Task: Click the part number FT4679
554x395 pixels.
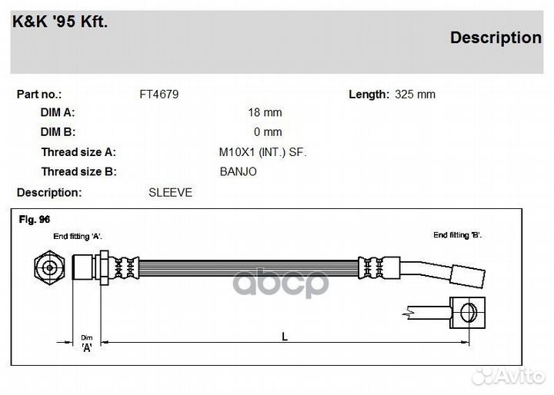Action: click(x=159, y=95)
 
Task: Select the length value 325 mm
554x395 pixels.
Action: click(x=415, y=95)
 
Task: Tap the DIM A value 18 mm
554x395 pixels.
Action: click(x=265, y=112)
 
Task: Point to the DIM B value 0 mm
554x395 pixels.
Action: click(x=268, y=131)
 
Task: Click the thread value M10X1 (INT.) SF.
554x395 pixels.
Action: click(x=262, y=152)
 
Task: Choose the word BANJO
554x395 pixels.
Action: click(x=238, y=171)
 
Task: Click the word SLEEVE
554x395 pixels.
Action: click(x=170, y=192)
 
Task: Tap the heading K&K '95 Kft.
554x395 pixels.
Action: click(x=60, y=22)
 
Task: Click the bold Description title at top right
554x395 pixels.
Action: click(x=496, y=38)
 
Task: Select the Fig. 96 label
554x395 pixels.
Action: click(x=35, y=219)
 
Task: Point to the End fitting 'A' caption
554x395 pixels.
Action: click(x=78, y=236)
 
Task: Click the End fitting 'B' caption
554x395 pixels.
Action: click(x=457, y=234)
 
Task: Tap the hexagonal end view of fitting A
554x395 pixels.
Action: click(x=49, y=267)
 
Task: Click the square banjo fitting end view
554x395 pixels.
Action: click(x=468, y=313)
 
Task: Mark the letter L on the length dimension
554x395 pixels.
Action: click(x=285, y=337)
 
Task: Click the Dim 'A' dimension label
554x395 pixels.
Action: click(x=86, y=344)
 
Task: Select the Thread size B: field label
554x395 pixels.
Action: click(x=78, y=171)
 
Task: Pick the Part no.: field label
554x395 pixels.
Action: click(x=39, y=95)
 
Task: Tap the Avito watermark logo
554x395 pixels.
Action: click(x=508, y=377)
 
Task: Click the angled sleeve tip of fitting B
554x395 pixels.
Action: click(x=468, y=276)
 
